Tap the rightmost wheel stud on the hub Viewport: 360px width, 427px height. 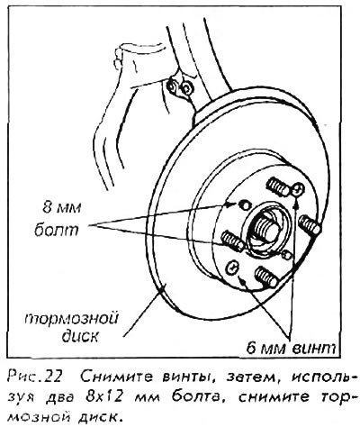click(x=310, y=225)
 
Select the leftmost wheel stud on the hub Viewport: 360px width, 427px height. click(x=233, y=241)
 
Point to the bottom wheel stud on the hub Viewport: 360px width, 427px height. click(x=265, y=276)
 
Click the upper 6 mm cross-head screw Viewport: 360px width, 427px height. click(x=297, y=189)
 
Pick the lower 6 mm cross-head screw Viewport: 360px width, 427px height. click(x=232, y=267)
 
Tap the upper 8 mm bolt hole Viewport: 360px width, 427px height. click(x=245, y=205)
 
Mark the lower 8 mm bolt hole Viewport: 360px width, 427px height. click(x=287, y=255)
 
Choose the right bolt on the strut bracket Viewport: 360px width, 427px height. click(x=186, y=87)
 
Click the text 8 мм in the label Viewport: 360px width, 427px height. click(x=61, y=207)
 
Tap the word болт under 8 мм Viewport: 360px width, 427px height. click(x=56, y=230)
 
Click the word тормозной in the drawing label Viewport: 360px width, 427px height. click(x=71, y=319)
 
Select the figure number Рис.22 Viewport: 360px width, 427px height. click(x=34, y=377)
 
